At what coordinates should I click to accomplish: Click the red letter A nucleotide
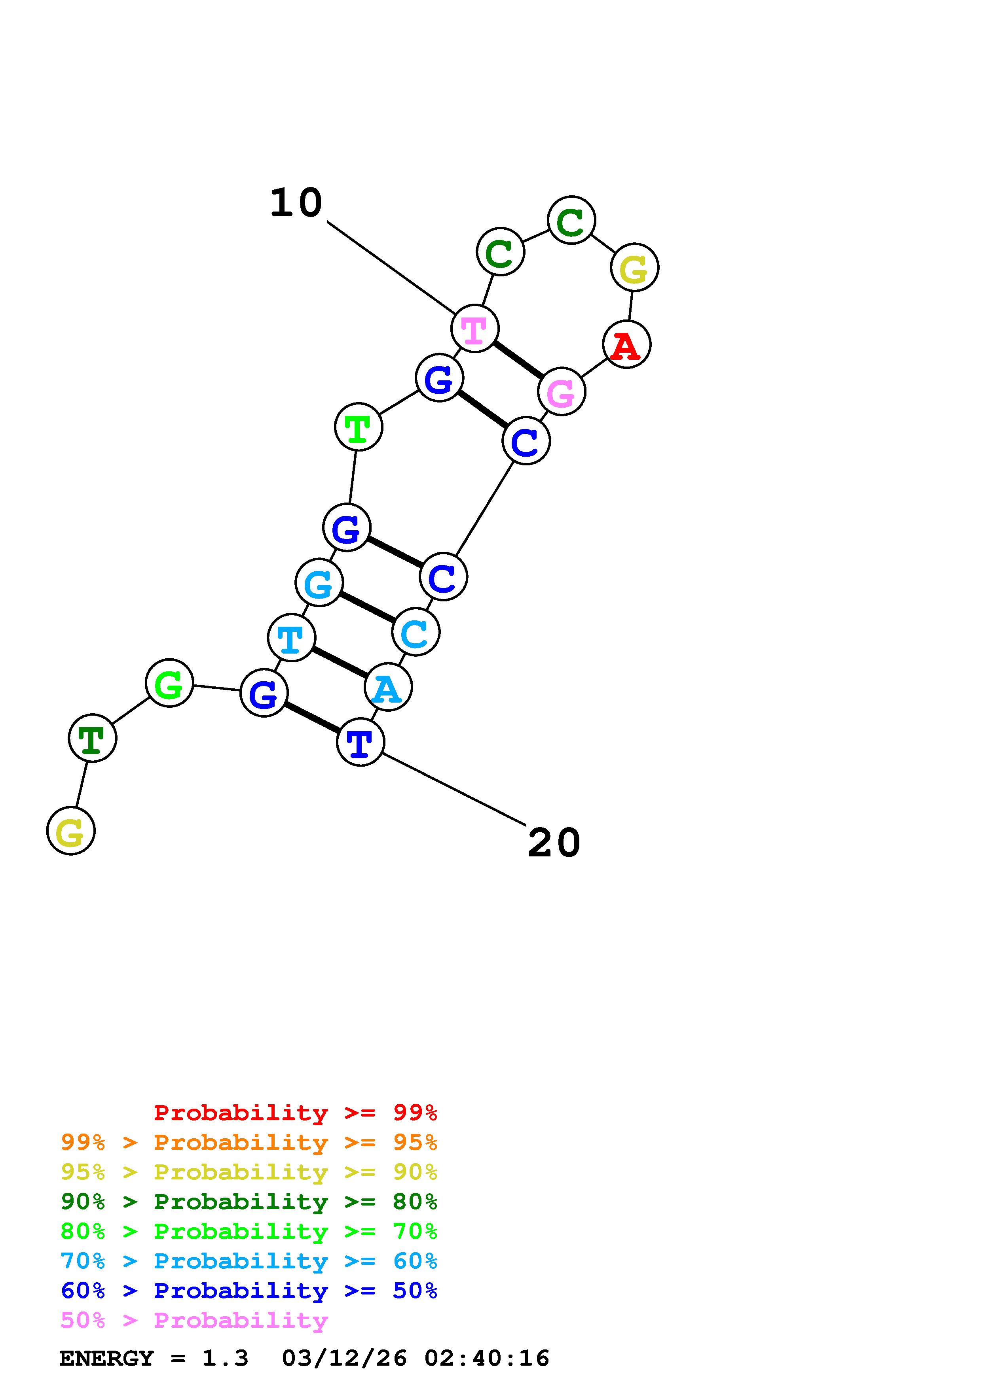[x=626, y=345]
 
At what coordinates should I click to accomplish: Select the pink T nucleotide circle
[x=474, y=329]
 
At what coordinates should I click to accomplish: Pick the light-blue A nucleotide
[x=388, y=688]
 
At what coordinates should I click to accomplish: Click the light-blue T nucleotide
[x=291, y=638]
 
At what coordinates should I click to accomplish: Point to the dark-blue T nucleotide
[x=360, y=743]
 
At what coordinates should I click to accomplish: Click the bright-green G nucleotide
[x=169, y=683]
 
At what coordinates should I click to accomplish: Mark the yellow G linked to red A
[x=634, y=268]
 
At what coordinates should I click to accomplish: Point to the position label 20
[x=554, y=843]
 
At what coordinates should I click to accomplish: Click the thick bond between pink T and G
[x=518, y=360]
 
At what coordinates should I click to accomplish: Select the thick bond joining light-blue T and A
[x=340, y=663]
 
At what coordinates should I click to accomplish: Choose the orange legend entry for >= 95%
[x=249, y=1142]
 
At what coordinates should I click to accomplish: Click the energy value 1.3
[x=225, y=1359]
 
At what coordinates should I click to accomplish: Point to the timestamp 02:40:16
[x=487, y=1359]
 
